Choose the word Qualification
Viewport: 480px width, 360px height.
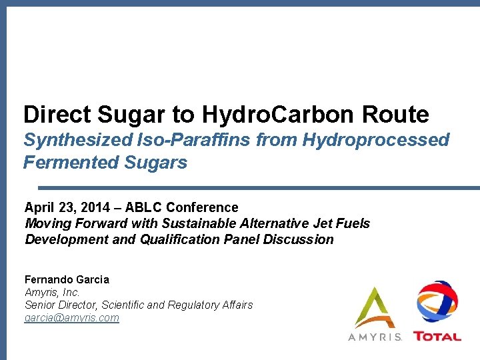[179, 239]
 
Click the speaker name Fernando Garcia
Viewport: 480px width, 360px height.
[67, 279]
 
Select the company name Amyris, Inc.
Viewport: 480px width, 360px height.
[52, 292]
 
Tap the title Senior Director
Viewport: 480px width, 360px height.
[63, 305]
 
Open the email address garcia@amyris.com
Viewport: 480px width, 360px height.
[71, 317]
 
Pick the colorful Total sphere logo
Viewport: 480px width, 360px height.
[437, 303]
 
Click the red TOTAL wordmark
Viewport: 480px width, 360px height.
[437, 337]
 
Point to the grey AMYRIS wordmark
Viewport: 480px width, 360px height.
[375, 337]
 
